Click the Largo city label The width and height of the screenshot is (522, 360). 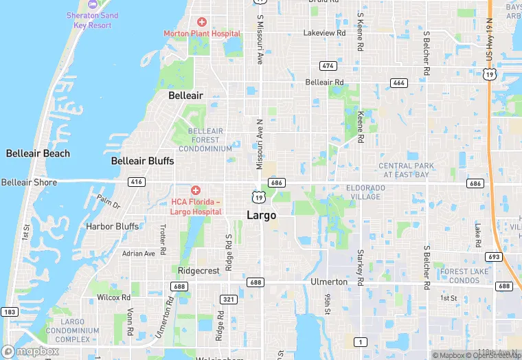pos(261,215)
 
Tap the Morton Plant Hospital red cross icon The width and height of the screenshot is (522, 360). pos(202,23)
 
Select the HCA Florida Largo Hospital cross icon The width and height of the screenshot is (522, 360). pos(196,190)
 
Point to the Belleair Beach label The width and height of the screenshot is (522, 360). pos(38,153)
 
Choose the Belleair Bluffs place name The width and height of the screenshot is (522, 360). pos(143,161)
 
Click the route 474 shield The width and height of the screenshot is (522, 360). pos(328,65)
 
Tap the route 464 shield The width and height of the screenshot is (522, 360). pos(398,82)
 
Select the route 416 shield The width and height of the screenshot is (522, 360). pos(135,182)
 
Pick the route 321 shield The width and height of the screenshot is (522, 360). pos(229,299)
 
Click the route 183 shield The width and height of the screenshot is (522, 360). pos(9,312)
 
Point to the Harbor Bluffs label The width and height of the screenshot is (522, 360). pos(112,226)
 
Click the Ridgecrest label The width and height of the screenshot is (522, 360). pos(198,271)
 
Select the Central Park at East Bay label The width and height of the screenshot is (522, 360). pos(407,170)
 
